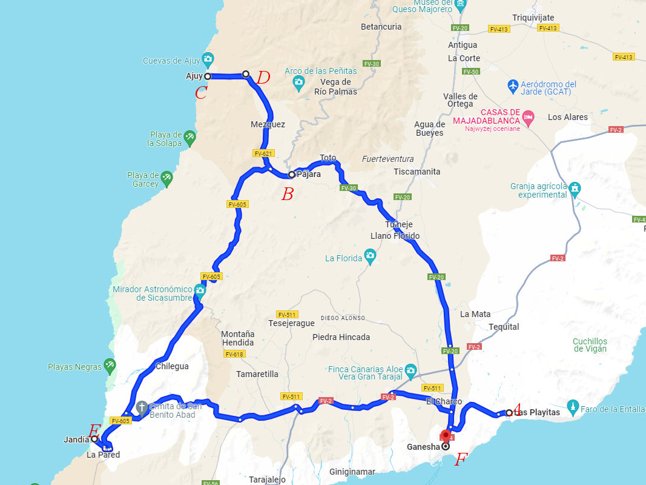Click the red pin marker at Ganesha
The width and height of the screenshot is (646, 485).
tap(446, 435)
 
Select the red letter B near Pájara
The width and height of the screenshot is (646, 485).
tap(288, 195)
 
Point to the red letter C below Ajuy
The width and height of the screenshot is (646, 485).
tap(201, 93)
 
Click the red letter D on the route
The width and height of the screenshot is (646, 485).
tap(263, 78)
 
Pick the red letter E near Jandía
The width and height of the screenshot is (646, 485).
tap(94, 431)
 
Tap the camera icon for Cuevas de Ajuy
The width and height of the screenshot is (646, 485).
tap(208, 60)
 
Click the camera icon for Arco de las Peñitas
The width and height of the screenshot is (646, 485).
tap(298, 82)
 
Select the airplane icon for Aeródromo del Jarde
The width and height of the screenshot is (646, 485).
tap(513, 85)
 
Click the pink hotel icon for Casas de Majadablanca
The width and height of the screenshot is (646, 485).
tap(529, 116)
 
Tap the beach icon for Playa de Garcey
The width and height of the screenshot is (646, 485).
tap(166, 179)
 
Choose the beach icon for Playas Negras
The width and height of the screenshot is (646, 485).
tap(109, 366)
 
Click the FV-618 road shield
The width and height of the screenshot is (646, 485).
tap(234, 354)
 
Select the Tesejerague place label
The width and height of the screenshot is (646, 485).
tap(291, 324)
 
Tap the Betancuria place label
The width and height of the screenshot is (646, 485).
tap(381, 27)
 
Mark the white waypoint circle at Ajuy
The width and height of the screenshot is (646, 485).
tap(207, 76)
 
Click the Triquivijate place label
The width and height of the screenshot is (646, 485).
tap(533, 18)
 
